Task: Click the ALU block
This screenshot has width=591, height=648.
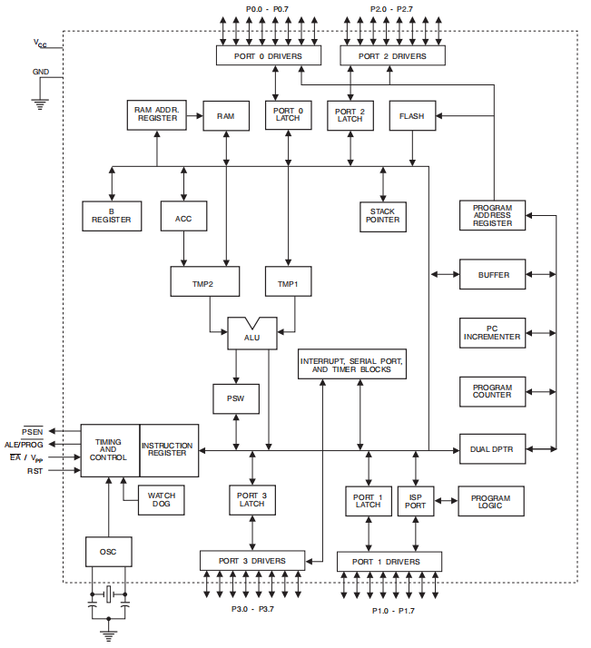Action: click(251, 337)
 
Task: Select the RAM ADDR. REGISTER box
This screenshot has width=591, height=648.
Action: click(157, 115)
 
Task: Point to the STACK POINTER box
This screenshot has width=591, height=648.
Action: click(382, 215)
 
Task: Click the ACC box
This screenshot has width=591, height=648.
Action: click(184, 215)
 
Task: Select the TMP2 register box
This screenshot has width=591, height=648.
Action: click(205, 282)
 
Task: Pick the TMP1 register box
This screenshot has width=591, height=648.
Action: click(288, 282)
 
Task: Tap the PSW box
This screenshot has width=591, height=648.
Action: click(236, 398)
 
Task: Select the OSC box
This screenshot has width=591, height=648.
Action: click(108, 550)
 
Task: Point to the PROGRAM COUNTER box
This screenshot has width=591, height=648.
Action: click(492, 391)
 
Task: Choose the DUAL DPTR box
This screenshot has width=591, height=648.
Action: click(492, 448)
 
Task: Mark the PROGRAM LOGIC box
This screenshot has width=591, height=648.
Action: click(491, 500)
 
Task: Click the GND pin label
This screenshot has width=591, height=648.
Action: click(41, 72)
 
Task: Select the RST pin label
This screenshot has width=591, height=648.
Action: click(34, 471)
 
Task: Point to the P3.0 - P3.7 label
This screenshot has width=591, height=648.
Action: click(253, 608)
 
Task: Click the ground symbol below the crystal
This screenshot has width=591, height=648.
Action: click(109, 635)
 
